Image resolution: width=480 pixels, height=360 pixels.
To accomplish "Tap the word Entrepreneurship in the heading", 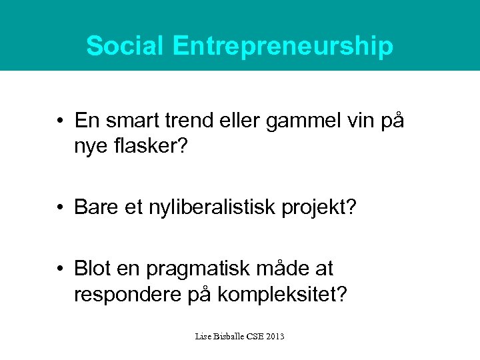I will pyautogui.click(x=282, y=47).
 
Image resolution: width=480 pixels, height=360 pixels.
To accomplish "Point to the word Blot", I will pyautogui.click(x=95, y=269).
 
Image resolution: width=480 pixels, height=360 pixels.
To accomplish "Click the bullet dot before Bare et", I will pyautogui.click(x=61, y=208).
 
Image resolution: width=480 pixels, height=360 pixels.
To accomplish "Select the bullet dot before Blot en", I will pyautogui.click(x=61, y=270).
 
